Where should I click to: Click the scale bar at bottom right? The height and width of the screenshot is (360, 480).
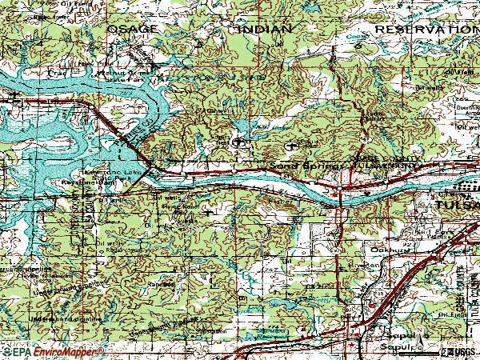tap(416, 352)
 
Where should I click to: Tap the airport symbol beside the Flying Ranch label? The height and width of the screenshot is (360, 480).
tap(209, 214)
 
